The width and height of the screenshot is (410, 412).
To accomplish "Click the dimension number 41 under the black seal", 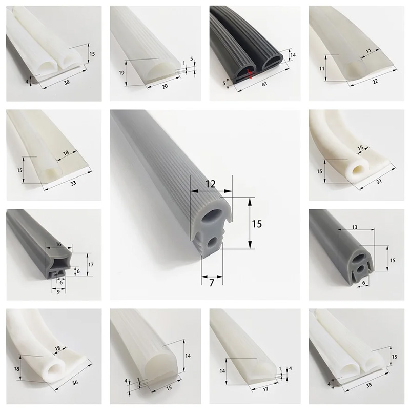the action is tap(264, 84).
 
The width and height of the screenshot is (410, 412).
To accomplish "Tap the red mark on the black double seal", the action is tap(250, 74).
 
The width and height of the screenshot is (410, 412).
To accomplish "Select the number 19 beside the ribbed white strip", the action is tap(121, 72).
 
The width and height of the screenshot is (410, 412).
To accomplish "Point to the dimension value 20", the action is tap(165, 86).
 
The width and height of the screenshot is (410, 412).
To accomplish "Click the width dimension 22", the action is tap(375, 81).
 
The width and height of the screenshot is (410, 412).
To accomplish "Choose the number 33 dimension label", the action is tap(73, 183).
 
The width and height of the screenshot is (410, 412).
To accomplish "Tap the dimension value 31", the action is tap(379, 181).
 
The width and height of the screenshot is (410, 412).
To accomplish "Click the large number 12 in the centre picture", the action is tap(211, 184).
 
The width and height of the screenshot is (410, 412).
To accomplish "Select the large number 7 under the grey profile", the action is tap(212, 283).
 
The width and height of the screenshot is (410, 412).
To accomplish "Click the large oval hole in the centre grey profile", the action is tap(212, 216).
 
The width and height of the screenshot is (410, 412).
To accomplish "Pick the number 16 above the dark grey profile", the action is tap(58, 244).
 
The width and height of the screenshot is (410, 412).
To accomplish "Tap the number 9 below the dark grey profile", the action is tap(58, 291).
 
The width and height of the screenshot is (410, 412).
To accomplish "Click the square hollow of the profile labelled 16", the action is tap(60, 262).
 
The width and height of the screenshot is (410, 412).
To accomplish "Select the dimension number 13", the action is tap(355, 227).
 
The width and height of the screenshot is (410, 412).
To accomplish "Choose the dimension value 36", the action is tap(75, 383).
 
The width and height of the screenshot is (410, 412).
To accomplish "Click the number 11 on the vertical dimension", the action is tap(322, 68).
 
